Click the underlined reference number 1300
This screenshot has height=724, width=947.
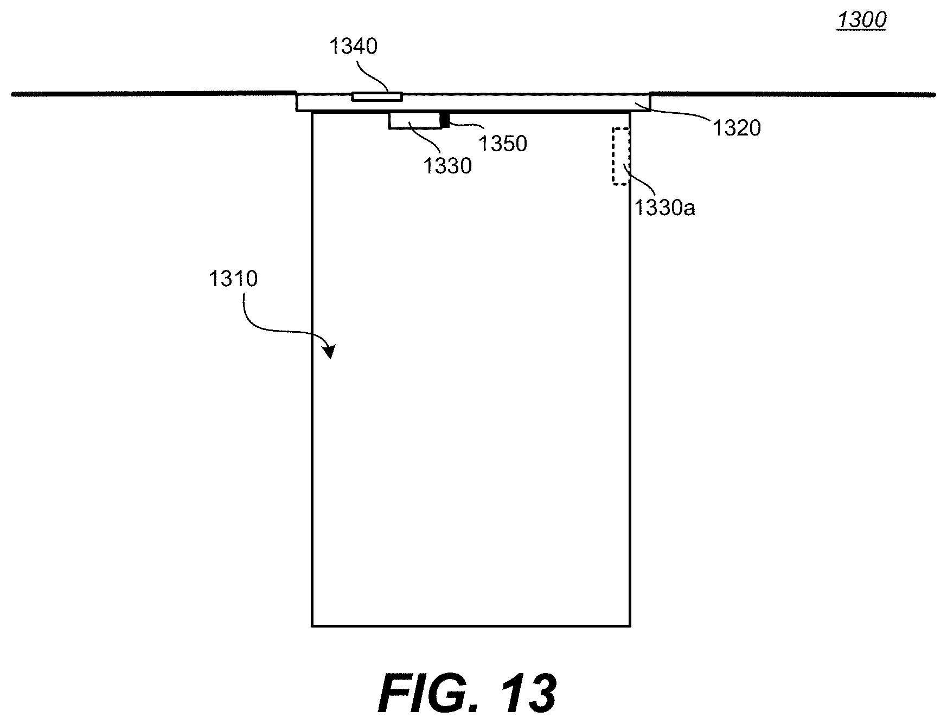[x=862, y=21]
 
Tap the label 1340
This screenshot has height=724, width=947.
[x=353, y=47]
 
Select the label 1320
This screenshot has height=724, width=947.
[x=737, y=128]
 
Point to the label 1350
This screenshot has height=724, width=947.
[x=503, y=144]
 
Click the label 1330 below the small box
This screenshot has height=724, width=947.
[x=447, y=166]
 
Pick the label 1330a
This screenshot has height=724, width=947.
[x=665, y=207]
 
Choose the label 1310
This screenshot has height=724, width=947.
[x=233, y=279]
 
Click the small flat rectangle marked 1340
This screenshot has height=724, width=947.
[x=377, y=97]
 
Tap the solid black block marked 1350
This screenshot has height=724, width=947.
[x=445, y=120]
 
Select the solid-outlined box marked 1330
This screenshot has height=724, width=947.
[x=415, y=120]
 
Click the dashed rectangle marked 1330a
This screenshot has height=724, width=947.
[x=621, y=157]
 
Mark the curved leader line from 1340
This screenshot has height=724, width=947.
[x=373, y=76]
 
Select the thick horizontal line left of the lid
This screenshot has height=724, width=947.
[x=153, y=94]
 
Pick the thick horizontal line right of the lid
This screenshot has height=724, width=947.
[x=793, y=94]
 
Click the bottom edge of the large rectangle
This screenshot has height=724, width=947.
[x=471, y=626]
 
